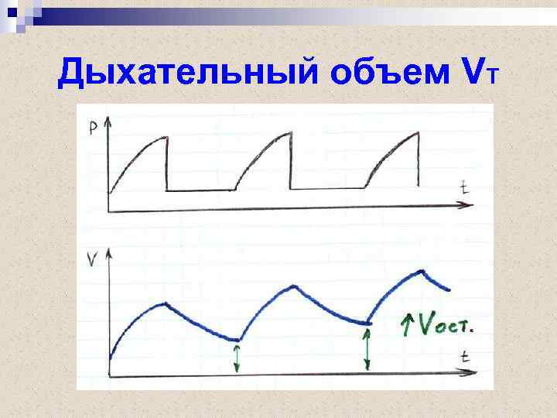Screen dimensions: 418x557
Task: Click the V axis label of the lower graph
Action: (93, 260)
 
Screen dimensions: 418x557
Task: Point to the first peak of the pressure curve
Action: (165, 138)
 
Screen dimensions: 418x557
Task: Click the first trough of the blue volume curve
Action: (238, 339)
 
